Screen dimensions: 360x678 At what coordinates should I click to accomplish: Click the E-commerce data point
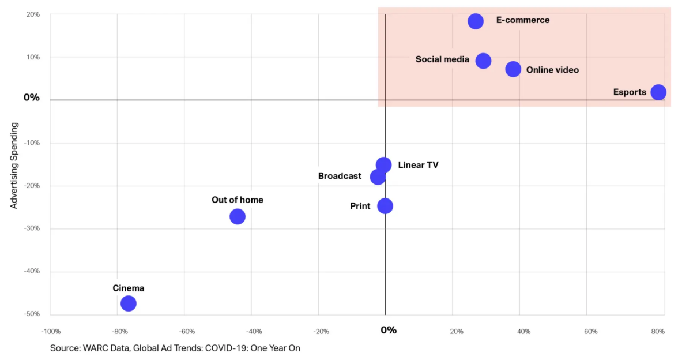pyautogui.click(x=476, y=21)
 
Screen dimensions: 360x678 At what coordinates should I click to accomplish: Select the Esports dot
pyautogui.click(x=658, y=92)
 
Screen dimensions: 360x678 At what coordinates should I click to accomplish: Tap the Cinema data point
pyautogui.click(x=129, y=303)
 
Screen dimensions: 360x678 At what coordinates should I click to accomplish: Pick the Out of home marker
pyautogui.click(x=238, y=217)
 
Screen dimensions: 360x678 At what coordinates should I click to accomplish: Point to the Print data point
pyautogui.click(x=385, y=206)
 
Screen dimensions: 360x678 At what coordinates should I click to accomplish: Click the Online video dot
pyautogui.click(x=513, y=69)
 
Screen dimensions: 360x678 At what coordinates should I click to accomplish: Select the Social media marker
pyautogui.click(x=484, y=61)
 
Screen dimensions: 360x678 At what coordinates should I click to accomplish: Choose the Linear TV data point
pyautogui.click(x=384, y=165)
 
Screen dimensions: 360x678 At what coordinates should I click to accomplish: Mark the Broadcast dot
pyautogui.click(x=378, y=177)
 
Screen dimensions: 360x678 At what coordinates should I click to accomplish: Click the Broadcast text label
pyautogui.click(x=340, y=176)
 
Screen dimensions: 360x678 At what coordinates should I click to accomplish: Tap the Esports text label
pyautogui.click(x=630, y=92)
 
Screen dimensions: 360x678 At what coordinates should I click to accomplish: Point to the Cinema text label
pyautogui.click(x=128, y=288)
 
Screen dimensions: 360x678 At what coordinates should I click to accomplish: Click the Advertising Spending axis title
pyautogui.click(x=15, y=165)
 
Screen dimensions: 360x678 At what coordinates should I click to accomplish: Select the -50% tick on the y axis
pyautogui.click(x=32, y=314)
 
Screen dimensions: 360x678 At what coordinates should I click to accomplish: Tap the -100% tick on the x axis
pyautogui.click(x=50, y=332)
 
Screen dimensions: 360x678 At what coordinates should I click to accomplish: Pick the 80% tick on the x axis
pyautogui.click(x=658, y=332)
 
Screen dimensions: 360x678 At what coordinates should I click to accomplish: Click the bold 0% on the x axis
pyautogui.click(x=389, y=330)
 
